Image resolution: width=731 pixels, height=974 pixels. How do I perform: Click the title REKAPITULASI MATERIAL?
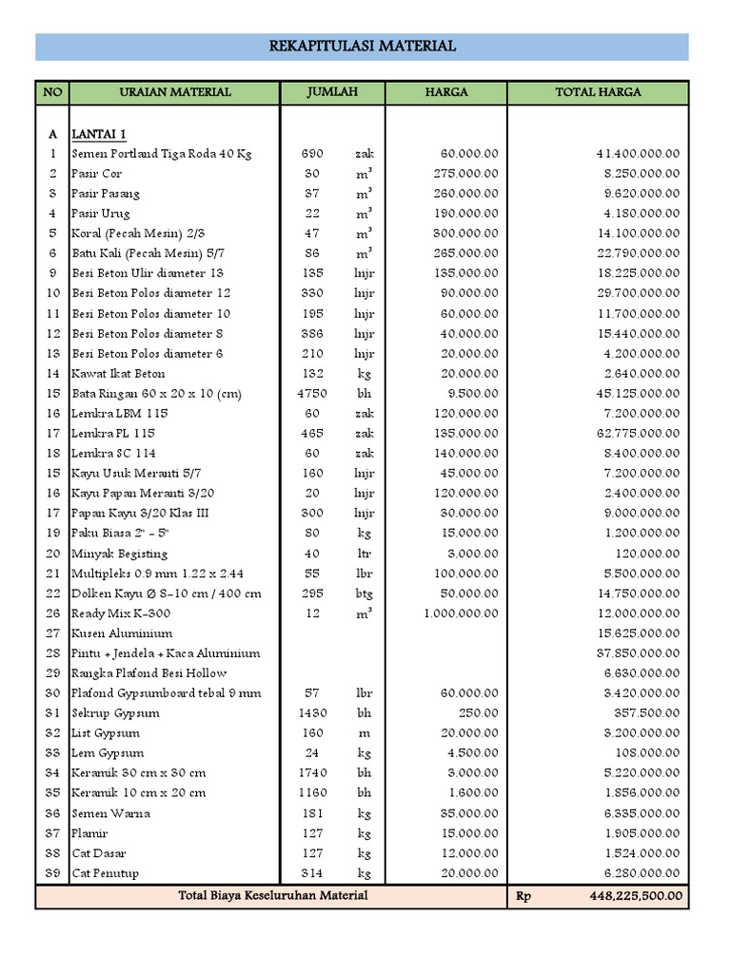tap(362, 46)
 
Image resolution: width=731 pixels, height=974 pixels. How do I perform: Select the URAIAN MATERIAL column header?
tap(175, 92)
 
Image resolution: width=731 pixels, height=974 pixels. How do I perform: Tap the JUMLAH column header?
tap(332, 92)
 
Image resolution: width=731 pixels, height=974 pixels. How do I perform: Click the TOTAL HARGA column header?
tap(598, 92)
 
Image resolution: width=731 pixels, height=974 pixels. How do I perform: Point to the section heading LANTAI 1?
tap(99, 133)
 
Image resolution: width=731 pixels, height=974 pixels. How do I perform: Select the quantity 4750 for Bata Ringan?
tap(312, 394)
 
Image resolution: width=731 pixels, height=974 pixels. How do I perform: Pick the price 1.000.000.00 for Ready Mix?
tap(461, 614)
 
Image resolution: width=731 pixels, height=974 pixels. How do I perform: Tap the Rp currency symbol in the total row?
tap(524, 896)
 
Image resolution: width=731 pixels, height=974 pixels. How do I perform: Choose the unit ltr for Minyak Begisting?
tap(364, 554)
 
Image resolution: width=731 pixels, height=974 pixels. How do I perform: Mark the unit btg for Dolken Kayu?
tap(364, 594)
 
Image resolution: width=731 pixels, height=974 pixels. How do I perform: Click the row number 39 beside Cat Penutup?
tap(52, 873)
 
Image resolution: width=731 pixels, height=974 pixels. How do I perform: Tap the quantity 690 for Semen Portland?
tap(312, 153)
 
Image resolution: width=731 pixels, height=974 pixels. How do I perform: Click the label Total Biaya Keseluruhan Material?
tap(273, 896)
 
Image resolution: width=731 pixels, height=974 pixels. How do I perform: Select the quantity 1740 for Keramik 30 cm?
tap(312, 773)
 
